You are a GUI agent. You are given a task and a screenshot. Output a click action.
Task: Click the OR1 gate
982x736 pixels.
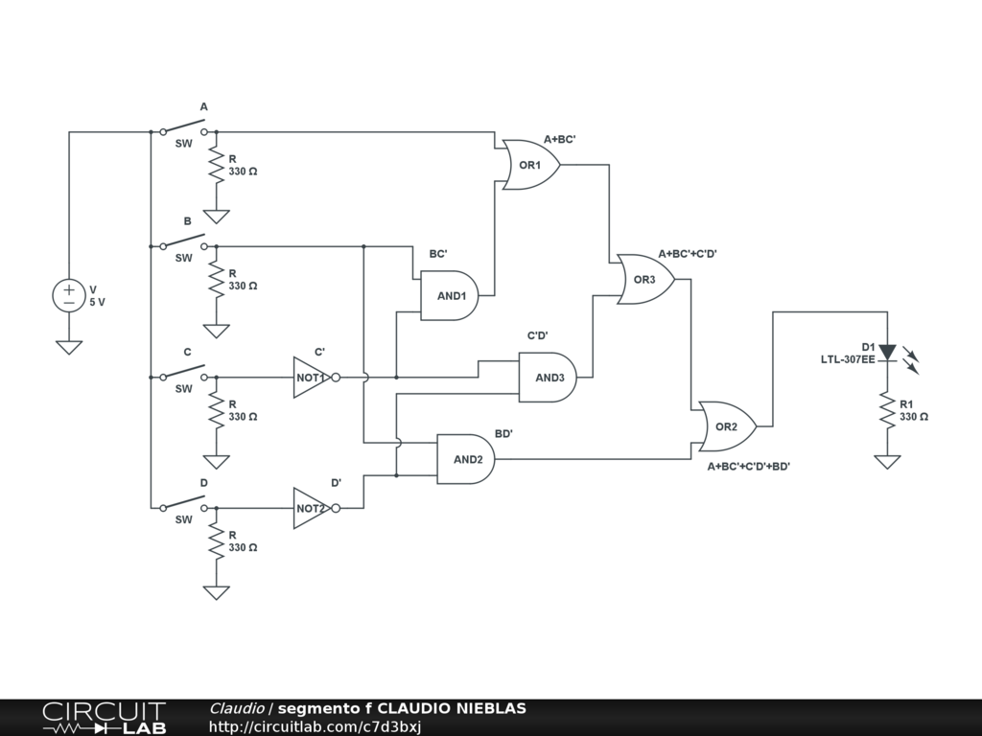click(x=530, y=165)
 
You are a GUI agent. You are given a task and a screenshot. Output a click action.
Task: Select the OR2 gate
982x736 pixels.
click(x=727, y=426)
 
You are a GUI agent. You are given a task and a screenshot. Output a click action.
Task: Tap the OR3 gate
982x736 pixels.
click(x=645, y=279)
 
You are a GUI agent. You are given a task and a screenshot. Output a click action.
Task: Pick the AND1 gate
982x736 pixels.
click(x=449, y=295)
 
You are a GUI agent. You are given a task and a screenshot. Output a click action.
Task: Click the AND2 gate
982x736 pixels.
click(x=465, y=459)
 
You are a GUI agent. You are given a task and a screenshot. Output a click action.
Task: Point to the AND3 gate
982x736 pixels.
click(x=548, y=378)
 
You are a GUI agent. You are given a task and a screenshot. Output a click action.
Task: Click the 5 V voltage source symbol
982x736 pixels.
click(x=69, y=295)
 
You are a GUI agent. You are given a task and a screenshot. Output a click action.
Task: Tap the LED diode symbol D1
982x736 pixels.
click(x=887, y=353)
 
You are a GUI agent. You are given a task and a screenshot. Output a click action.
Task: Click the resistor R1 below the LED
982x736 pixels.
click(x=887, y=410)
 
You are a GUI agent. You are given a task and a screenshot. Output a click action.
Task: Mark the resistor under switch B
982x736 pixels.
click(x=216, y=279)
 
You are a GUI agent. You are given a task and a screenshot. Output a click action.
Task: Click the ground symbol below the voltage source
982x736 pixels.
click(x=69, y=347)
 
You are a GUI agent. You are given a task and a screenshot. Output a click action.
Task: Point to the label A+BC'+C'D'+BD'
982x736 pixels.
click(x=748, y=467)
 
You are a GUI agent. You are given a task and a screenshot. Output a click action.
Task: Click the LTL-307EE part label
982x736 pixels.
click(x=848, y=360)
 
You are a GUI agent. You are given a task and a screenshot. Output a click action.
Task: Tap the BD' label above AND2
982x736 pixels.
click(x=503, y=434)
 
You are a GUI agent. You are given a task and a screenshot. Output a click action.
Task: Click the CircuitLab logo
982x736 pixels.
click(x=105, y=718)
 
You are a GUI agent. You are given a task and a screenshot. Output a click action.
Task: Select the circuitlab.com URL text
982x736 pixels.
click(x=315, y=726)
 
